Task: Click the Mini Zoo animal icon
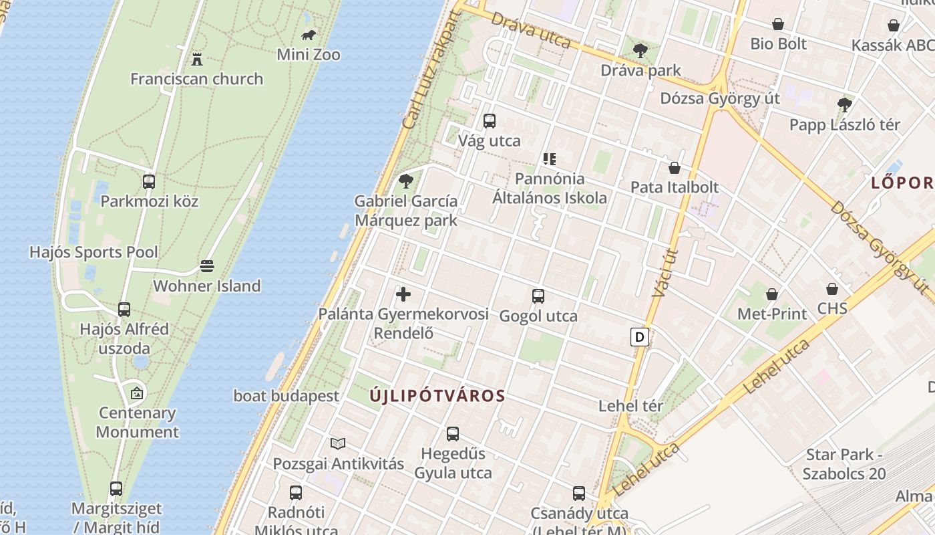pyautogui.click(x=309, y=35)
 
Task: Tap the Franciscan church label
pyautogui.click(x=196, y=79)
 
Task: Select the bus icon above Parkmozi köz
pyautogui.click(x=149, y=181)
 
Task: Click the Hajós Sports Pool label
pyautogui.click(x=93, y=252)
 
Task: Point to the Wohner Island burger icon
pyautogui.click(x=207, y=266)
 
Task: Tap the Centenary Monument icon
pyautogui.click(x=137, y=393)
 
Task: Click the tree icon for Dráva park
pyautogui.click(x=640, y=50)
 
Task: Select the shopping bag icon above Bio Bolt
pyautogui.click(x=778, y=25)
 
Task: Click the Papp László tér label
pyautogui.click(x=844, y=125)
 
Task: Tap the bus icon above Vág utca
pyautogui.click(x=490, y=121)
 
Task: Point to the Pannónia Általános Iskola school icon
pyautogui.click(x=550, y=159)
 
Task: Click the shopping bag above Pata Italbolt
pyautogui.click(x=675, y=168)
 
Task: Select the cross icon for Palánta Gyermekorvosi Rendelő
pyautogui.click(x=403, y=294)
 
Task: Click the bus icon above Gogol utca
pyautogui.click(x=538, y=296)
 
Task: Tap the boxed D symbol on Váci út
pyautogui.click(x=640, y=337)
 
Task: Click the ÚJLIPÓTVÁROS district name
pyautogui.click(x=437, y=396)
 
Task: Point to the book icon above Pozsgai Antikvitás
pyautogui.click(x=338, y=443)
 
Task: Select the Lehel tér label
pyautogui.click(x=630, y=406)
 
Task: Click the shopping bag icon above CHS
pyautogui.click(x=832, y=289)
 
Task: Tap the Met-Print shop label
pyautogui.click(x=771, y=314)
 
